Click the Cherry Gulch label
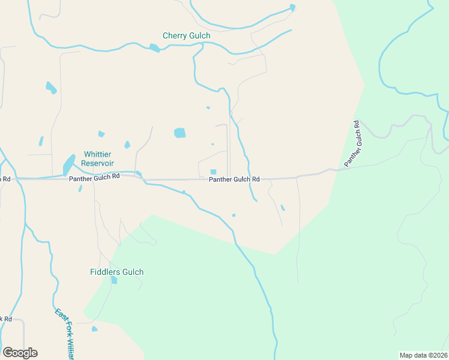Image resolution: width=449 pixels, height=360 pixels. (x=187, y=36)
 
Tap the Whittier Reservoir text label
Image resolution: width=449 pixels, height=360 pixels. (x=98, y=158)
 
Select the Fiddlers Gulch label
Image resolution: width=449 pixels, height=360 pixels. (x=116, y=272)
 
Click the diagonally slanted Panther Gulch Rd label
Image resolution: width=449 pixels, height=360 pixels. (x=352, y=144)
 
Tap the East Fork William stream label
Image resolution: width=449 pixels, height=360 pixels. (x=64, y=334)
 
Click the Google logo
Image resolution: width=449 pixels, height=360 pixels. (x=20, y=353)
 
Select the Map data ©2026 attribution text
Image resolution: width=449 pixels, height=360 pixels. (x=423, y=355)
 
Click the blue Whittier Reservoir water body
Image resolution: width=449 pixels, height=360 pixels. (x=69, y=163)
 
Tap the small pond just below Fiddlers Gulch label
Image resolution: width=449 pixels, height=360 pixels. (x=114, y=280)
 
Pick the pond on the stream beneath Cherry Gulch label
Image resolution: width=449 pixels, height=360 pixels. (x=155, y=48)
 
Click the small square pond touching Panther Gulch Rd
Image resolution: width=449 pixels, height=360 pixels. (x=213, y=172)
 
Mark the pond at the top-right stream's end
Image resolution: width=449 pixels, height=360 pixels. (x=292, y=8)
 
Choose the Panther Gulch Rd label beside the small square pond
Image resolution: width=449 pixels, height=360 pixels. (x=234, y=179)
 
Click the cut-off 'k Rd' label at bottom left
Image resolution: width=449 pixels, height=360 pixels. (x=6, y=319)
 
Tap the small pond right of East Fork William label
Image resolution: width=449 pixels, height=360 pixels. (x=94, y=329)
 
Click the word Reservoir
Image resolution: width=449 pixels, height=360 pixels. (x=98, y=163)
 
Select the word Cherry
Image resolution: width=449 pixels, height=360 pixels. (x=174, y=36)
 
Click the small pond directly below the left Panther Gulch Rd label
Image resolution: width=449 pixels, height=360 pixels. (x=80, y=188)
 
